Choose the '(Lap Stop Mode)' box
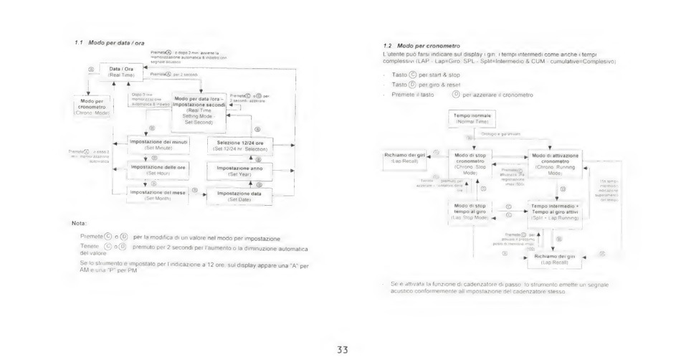[x=470, y=211]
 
